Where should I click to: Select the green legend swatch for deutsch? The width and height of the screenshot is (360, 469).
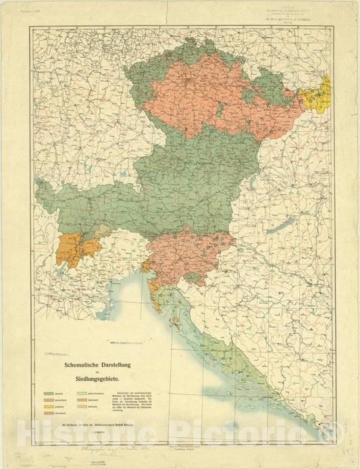coord(52,393)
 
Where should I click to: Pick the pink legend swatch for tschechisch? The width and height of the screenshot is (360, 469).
coord(52,401)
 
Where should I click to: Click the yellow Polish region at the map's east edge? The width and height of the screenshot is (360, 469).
coord(317,93)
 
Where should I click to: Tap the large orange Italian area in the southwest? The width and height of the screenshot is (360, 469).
coord(74,249)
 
